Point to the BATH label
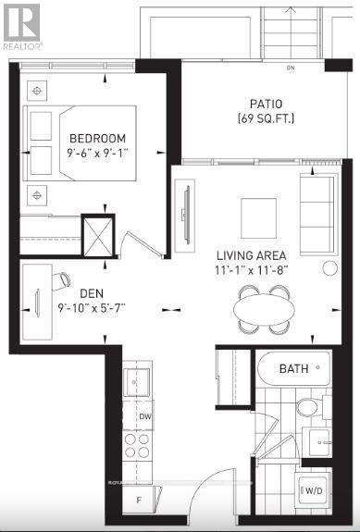tap(294, 369)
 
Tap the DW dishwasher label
tap(144, 417)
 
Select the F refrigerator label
tap(139, 501)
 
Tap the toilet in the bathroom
tap(307, 407)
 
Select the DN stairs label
tap(290, 68)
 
